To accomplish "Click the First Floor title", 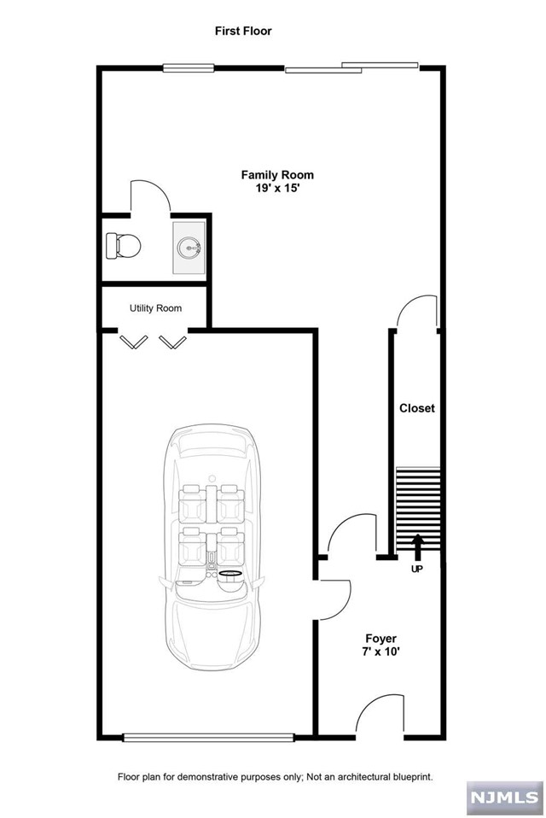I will pos(244,31).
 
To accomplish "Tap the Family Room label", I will pos(271,175).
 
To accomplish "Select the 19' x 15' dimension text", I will pos(271,190).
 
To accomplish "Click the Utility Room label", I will pos(155,308).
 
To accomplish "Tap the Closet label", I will pos(417,408).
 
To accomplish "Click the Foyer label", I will pos(380,637).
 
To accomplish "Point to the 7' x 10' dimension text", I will pos(380,651).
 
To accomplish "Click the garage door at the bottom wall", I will pos(208,736).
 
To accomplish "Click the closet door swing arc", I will pos(417,311).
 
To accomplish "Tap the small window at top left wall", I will pos(189,68).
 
